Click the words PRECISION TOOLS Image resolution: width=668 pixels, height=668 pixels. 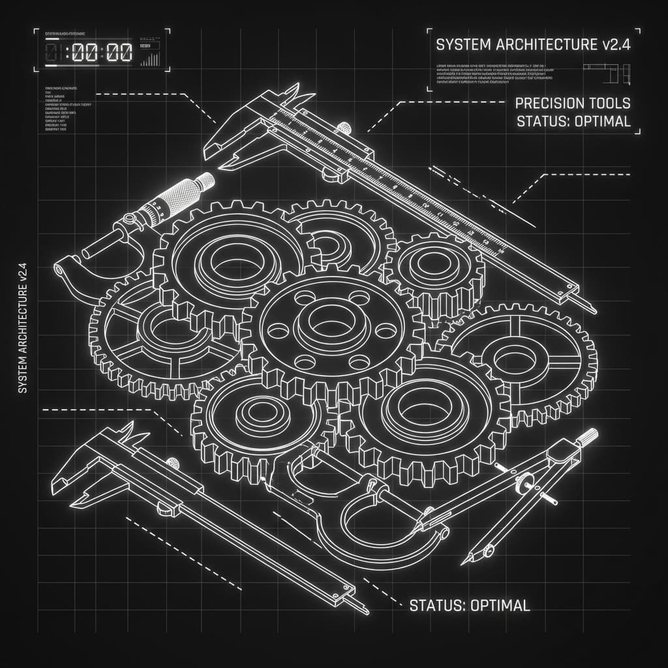click(x=572, y=103)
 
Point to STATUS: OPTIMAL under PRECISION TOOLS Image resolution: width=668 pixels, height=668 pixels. click(x=572, y=121)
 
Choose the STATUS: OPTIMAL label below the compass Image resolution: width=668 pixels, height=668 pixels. click(x=469, y=605)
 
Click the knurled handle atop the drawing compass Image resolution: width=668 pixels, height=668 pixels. click(x=588, y=437)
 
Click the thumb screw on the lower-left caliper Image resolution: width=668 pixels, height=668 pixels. click(x=174, y=463)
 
